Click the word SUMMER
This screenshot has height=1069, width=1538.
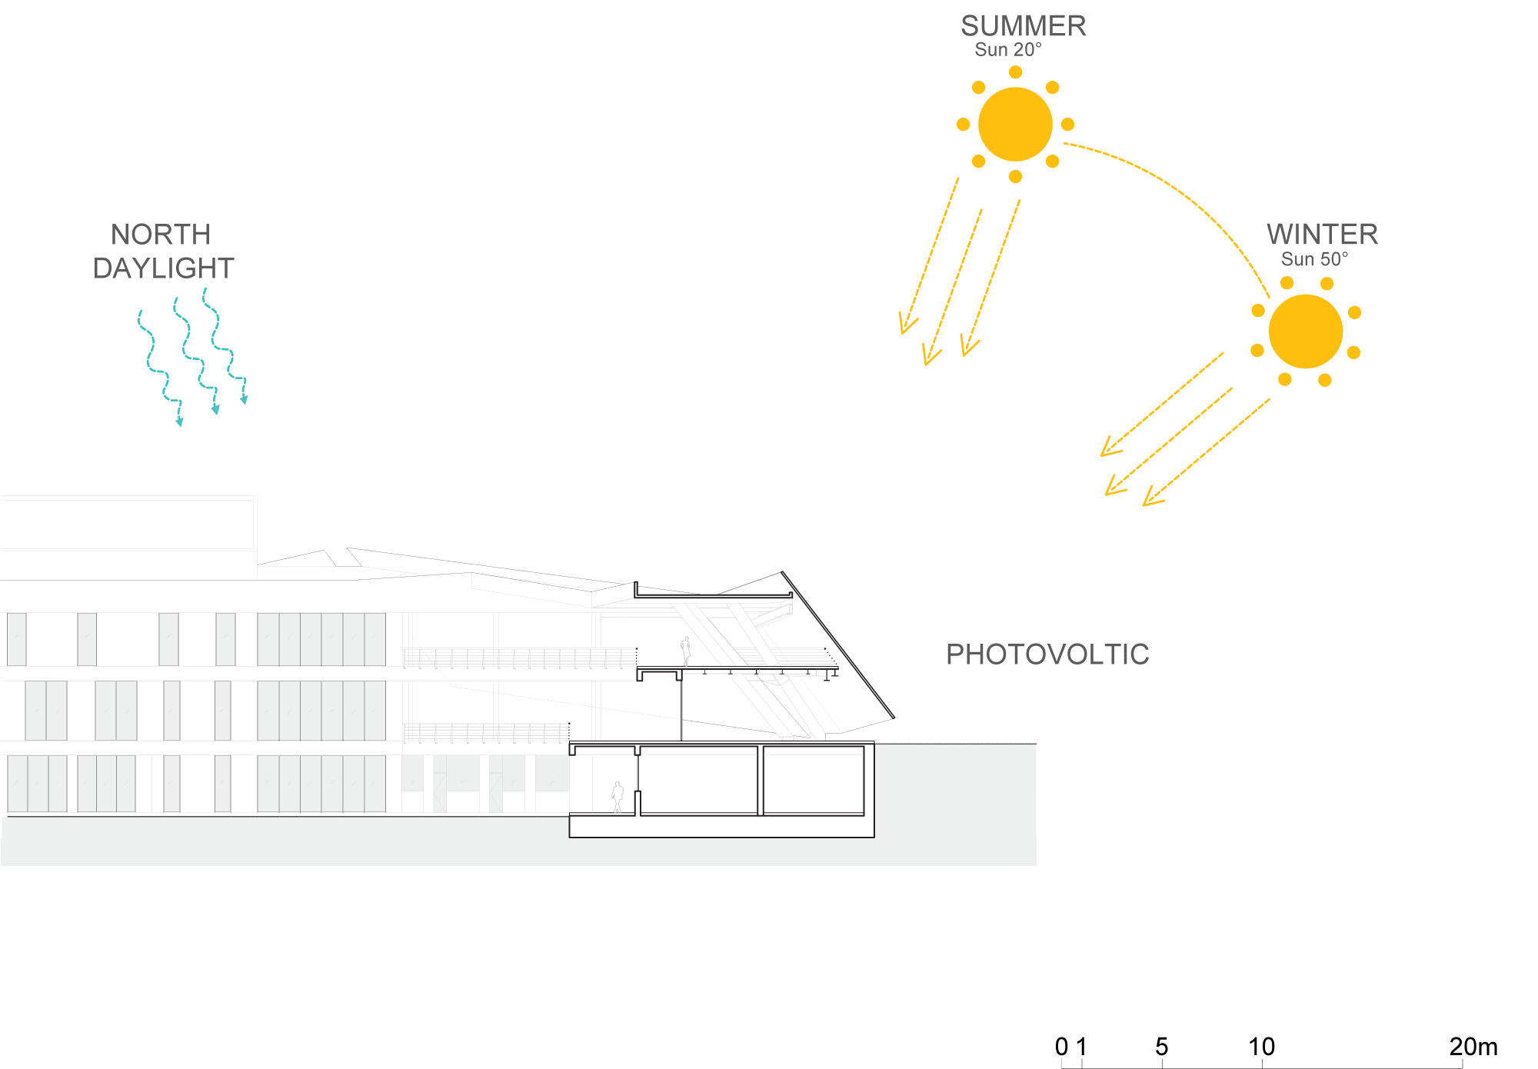click(1023, 26)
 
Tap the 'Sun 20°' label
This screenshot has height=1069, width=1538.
click(1007, 50)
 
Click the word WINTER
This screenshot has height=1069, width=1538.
click(1322, 235)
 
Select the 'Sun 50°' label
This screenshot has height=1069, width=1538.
click(1314, 259)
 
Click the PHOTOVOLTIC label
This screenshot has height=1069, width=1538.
click(1047, 654)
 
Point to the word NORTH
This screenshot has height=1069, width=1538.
click(161, 235)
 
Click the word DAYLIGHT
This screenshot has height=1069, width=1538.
click(163, 268)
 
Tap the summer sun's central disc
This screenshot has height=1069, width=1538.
click(1015, 125)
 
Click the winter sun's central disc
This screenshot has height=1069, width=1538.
click(1305, 331)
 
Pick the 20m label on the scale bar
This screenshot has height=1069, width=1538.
click(1473, 1047)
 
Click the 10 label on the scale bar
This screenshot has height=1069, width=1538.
click(1261, 1047)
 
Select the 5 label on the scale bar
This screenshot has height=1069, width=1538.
click(1161, 1047)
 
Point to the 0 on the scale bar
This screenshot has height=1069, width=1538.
click(1062, 1047)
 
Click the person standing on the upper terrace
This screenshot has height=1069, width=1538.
click(685, 651)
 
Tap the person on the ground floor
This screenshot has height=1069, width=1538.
click(618, 797)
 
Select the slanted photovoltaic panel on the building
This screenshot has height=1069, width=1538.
click(838, 644)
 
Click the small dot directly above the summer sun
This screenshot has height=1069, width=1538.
click(1015, 72)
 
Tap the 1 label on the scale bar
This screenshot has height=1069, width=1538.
click(1081, 1047)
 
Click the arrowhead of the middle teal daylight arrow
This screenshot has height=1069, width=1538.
click(215, 410)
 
